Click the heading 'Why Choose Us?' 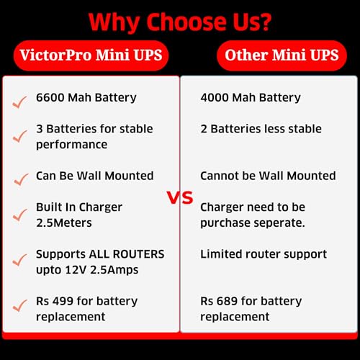(180, 22)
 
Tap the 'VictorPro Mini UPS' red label (90, 55)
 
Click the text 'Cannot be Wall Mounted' (268, 176)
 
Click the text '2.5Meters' (64, 222)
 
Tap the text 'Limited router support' (264, 254)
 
